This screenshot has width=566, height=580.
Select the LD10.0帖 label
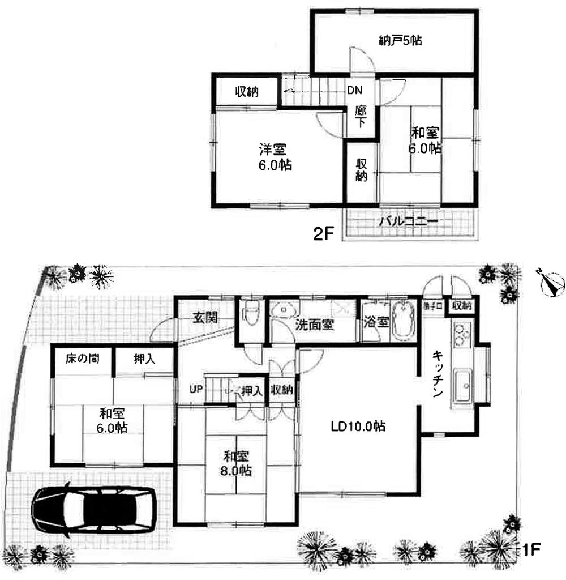[x=358, y=427]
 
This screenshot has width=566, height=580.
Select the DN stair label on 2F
[x=355, y=91]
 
